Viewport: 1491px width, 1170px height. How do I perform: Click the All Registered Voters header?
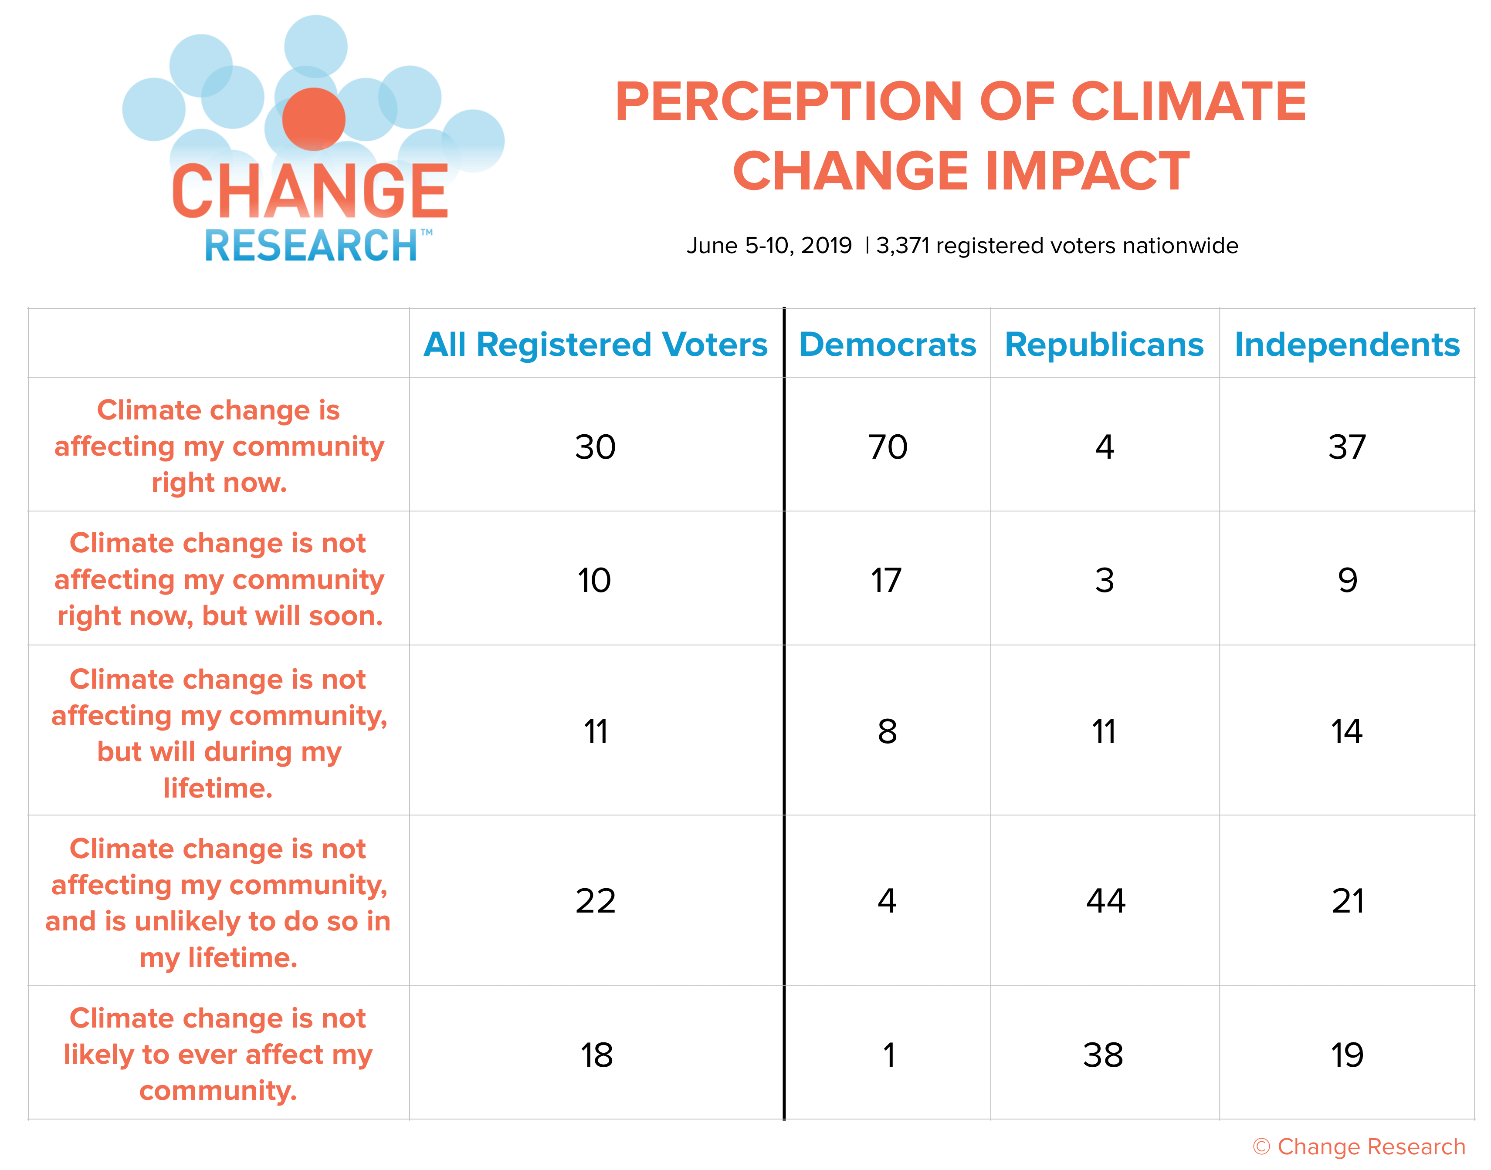coord(596,345)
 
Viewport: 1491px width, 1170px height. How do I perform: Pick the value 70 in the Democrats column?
coord(888,447)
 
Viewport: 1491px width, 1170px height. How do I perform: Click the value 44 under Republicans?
coord(1105,901)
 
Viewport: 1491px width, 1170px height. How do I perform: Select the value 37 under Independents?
coord(1347,447)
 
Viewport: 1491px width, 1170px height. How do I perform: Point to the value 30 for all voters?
coord(596,447)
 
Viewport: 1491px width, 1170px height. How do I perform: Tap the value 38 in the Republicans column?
coord(1103,1055)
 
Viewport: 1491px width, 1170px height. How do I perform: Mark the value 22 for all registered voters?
coord(596,901)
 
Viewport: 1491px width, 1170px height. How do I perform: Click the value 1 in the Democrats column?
coord(889,1055)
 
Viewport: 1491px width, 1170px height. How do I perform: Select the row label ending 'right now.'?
coord(219,446)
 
